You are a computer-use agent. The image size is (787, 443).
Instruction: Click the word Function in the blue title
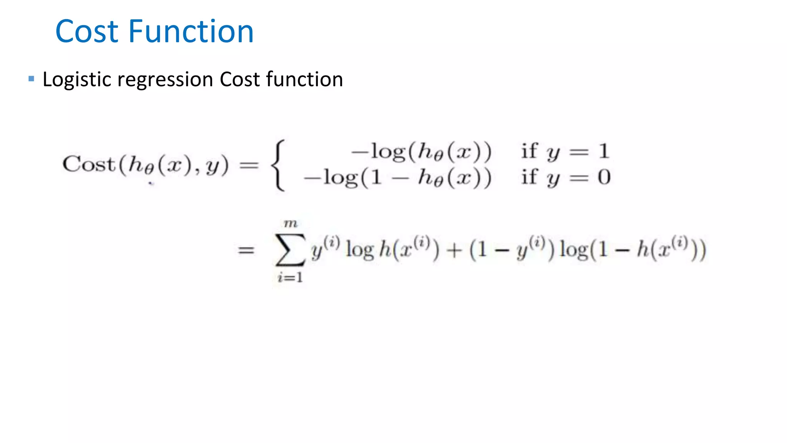[191, 32]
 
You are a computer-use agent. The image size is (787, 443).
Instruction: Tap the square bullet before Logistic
[32, 79]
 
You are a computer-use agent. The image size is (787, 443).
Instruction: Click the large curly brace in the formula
[279, 165]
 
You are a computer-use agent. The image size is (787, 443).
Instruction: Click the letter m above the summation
[291, 223]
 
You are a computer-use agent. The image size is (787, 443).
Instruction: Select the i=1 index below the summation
[291, 277]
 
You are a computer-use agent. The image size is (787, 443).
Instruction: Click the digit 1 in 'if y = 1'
[604, 151]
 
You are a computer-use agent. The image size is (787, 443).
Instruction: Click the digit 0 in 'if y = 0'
[604, 177]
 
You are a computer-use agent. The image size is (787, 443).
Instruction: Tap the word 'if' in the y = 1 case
[529, 151]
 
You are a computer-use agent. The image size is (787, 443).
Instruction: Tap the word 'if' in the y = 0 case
[529, 177]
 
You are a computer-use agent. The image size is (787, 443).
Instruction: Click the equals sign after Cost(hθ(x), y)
[249, 165]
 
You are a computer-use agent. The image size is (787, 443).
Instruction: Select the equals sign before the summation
[246, 250]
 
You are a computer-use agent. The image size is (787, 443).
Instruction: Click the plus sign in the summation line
[454, 250]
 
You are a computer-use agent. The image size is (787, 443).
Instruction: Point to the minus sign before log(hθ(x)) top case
[360, 152]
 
